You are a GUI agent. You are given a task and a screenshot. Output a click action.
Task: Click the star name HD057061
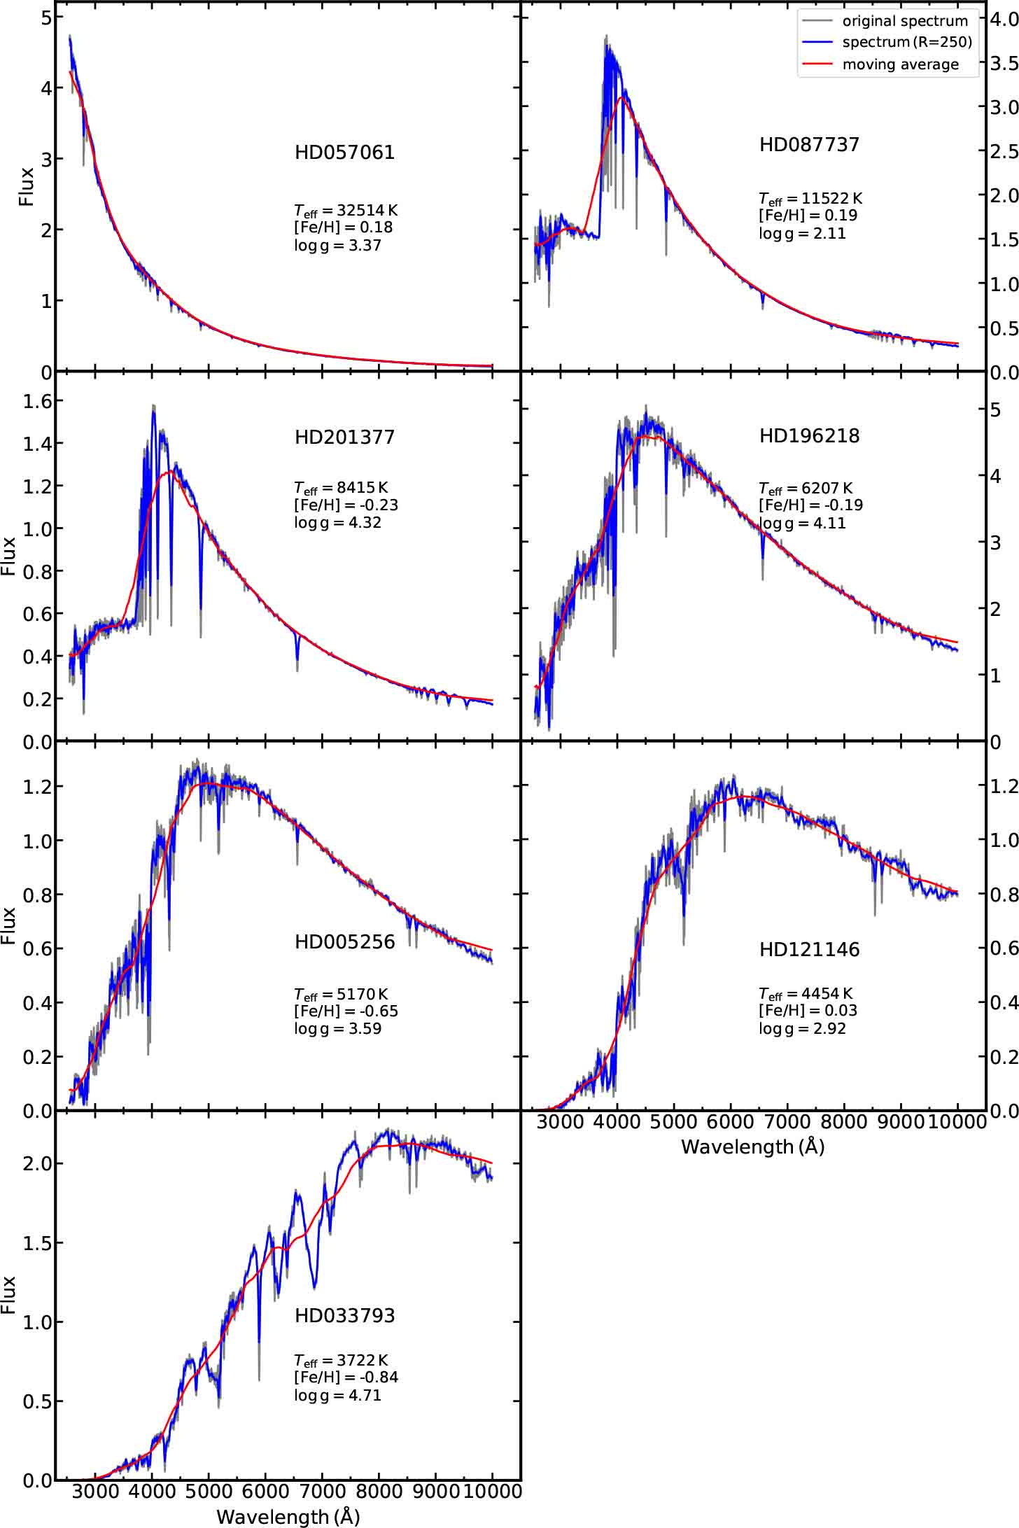344,153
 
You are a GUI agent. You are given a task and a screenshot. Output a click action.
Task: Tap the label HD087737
809,145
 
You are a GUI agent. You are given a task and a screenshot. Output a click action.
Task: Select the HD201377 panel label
344,437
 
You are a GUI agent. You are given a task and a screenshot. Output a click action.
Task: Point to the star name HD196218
809,436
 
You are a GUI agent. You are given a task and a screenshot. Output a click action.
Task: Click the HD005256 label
344,941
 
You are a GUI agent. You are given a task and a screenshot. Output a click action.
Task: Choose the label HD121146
809,950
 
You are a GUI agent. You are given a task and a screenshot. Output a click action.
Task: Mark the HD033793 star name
344,1315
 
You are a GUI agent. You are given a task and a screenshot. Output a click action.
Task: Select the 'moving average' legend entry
900,64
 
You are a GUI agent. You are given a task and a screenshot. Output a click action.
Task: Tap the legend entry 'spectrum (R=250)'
907,42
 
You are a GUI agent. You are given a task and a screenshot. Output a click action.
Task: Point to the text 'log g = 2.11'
802,233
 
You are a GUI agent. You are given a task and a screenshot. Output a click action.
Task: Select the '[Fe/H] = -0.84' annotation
346,1378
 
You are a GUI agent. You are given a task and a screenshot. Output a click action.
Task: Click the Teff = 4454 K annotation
806,994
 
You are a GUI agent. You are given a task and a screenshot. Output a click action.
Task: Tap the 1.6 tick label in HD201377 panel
32,401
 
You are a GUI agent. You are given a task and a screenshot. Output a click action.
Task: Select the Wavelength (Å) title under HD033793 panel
288,1516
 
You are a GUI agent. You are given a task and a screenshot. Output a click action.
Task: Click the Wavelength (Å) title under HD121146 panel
752,1147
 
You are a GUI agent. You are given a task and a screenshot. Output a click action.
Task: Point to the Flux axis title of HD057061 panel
27,185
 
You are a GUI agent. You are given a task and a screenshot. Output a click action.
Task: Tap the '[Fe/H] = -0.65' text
346,1011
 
